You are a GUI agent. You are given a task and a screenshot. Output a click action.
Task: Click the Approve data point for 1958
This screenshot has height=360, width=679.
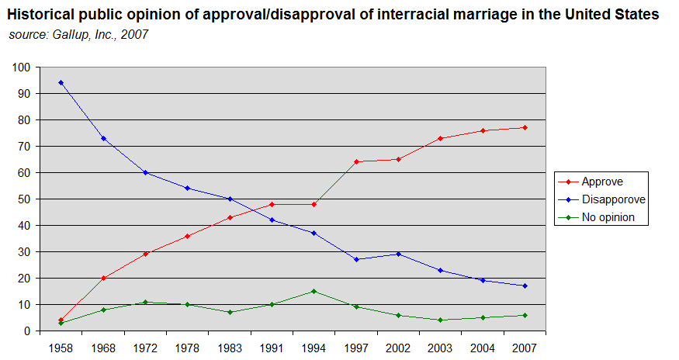click(61, 320)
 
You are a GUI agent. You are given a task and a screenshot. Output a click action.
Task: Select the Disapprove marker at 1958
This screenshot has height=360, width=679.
click(61, 82)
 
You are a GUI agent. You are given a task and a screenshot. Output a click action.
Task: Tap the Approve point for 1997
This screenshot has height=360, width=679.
click(356, 161)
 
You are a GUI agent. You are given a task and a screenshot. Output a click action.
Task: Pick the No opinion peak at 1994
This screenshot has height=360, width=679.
click(314, 291)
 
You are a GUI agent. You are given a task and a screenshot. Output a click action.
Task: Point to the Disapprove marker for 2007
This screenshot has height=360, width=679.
click(525, 286)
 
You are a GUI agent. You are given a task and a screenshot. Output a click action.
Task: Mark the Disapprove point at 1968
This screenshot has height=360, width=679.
click(103, 138)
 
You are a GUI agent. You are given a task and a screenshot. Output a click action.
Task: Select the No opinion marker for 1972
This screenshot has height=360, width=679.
click(145, 302)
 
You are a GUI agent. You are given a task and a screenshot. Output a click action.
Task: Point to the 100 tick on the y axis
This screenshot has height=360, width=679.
click(22, 67)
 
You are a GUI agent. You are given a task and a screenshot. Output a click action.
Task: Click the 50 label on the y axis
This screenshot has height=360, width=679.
click(24, 199)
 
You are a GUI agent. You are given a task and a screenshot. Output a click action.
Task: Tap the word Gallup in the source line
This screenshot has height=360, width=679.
click(69, 34)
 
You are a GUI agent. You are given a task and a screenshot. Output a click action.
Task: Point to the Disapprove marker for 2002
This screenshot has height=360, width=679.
click(398, 254)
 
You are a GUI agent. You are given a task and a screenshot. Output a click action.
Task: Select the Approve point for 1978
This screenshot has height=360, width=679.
click(187, 236)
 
